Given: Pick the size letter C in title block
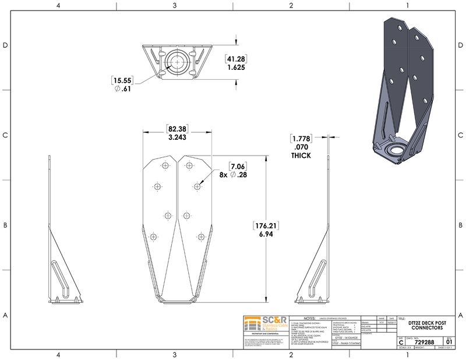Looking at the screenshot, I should click(x=401, y=343).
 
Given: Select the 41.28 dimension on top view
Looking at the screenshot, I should click(x=235, y=59).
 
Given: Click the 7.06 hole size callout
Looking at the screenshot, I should click(x=239, y=166).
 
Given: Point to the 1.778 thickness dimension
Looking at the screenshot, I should click(x=301, y=139).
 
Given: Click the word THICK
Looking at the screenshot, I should click(x=301, y=156).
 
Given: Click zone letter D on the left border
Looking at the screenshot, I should click(x=5, y=45).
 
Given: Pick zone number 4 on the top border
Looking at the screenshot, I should click(x=58, y=5).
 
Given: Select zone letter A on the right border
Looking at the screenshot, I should click(x=461, y=315).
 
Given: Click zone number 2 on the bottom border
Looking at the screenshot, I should click(x=291, y=354).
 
